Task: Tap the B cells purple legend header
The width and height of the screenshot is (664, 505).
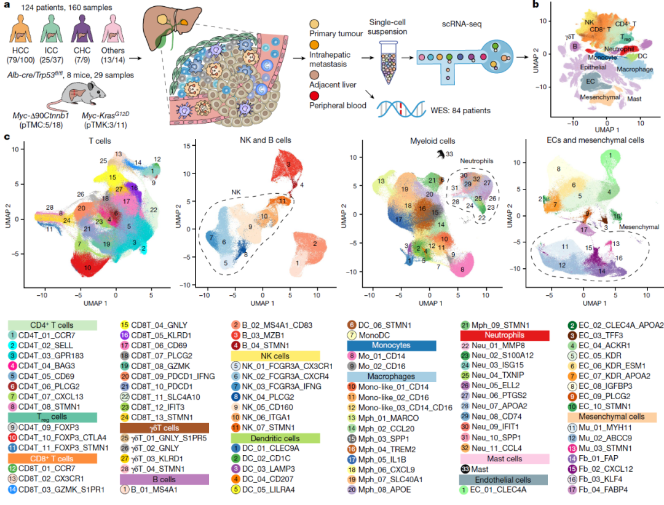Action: [x=157, y=480]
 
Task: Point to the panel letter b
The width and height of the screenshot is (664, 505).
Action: [x=537, y=5]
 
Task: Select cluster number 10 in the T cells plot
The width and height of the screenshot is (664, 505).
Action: [x=88, y=268]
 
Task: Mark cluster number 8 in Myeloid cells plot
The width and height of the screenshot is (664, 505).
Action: [x=461, y=270]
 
